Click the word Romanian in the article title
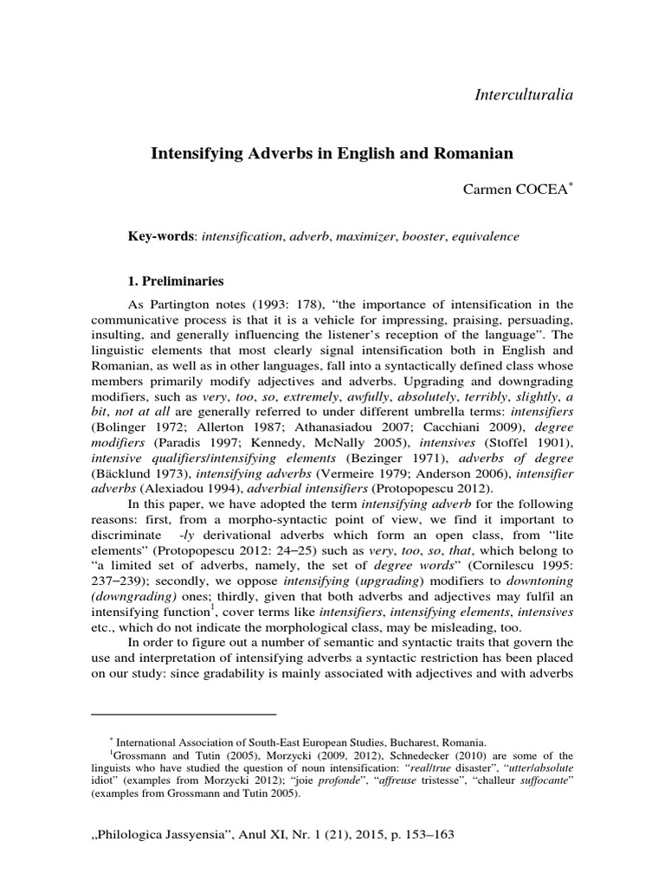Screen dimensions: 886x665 [470, 154]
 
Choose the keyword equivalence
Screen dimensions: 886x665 [481, 235]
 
